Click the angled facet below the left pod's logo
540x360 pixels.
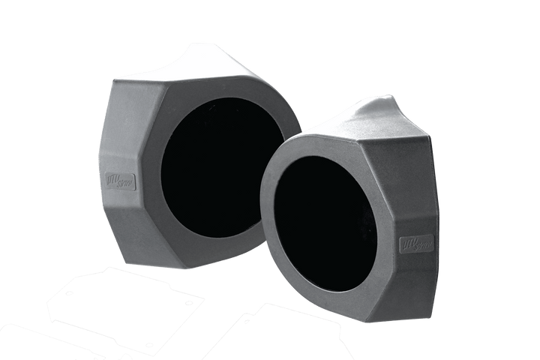(122, 225)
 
